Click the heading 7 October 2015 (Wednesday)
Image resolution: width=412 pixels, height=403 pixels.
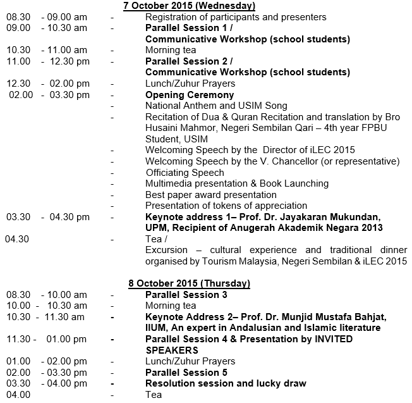(x=188, y=6)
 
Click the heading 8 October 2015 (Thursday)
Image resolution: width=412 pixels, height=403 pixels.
(x=188, y=283)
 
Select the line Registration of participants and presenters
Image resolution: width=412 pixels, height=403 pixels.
(x=236, y=17)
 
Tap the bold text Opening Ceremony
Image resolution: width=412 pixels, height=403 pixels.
(x=190, y=95)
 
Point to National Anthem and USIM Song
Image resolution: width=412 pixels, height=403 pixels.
(x=216, y=106)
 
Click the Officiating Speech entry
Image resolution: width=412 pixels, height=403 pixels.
(x=185, y=172)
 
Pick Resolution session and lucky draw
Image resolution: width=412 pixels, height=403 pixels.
(x=226, y=383)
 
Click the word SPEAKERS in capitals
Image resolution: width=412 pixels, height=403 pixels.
(x=172, y=350)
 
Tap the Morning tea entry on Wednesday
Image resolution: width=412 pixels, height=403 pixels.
(x=171, y=50)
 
